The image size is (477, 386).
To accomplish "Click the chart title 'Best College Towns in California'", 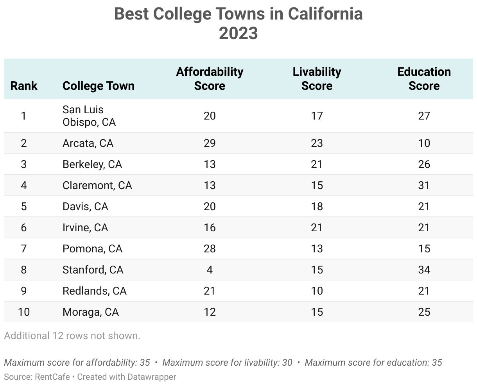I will (x=238, y=14).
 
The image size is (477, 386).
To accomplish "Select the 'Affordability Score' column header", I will (x=210, y=79).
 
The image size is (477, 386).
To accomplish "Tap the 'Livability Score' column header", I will (x=317, y=79).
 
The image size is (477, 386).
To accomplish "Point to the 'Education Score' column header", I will (x=424, y=79).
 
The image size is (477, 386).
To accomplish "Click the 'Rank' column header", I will (x=24, y=86).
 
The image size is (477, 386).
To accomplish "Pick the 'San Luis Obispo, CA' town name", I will (x=89, y=116).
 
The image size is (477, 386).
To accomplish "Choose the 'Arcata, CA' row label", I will (x=88, y=143).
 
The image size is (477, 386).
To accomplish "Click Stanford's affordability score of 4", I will (x=210, y=270).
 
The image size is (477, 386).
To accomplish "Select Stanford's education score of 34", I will (x=424, y=270).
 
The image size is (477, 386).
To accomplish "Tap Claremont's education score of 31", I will (x=424, y=185).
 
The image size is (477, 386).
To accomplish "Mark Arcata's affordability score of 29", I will (x=210, y=143).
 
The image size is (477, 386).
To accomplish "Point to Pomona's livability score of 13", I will (x=317, y=248).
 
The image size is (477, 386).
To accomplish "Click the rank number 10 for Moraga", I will (x=24, y=312).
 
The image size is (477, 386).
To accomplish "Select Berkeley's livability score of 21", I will (x=317, y=164).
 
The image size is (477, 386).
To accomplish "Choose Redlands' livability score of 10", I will (x=317, y=291).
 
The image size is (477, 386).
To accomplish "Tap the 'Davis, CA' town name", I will (x=85, y=206).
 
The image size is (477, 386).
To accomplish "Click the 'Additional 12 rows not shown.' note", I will (x=72, y=336).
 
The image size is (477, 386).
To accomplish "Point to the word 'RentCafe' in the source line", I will (x=52, y=377).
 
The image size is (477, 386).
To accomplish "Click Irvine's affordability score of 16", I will (x=210, y=227).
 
